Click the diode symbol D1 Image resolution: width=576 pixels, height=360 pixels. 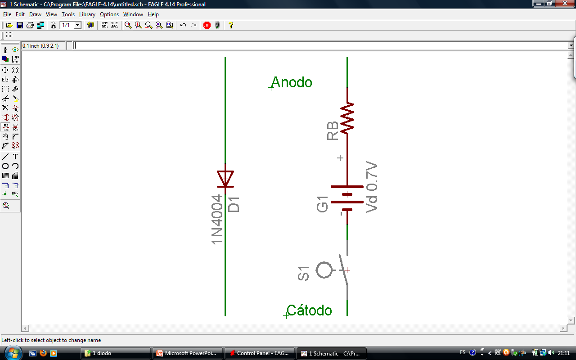coord(225,179)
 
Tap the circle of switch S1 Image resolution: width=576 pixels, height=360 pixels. coord(324,270)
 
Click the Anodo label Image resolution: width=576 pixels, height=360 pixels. coord(292,82)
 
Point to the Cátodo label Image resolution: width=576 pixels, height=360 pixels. coord(309,310)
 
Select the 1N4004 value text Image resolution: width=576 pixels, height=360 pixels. coord(217,220)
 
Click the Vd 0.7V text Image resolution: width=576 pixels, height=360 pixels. coord(372,187)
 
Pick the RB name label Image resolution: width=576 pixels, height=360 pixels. coord(333,131)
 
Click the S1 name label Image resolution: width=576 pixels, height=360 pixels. coord(304,274)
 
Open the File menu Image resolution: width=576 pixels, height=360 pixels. coord(7,14)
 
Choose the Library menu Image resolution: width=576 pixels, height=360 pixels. coord(87,14)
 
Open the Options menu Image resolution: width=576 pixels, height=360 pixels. coord(109,14)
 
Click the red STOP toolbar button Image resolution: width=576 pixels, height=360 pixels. coord(207,25)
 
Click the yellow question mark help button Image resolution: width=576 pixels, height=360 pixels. coord(231,25)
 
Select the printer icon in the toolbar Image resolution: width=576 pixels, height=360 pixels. coord(30,25)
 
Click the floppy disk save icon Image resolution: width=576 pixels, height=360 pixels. coord(20,25)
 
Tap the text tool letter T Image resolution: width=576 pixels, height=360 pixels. coord(15,157)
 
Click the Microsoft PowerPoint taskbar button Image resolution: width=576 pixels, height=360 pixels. coord(188,353)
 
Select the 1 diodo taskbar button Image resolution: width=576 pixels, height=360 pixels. coord(116,353)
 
